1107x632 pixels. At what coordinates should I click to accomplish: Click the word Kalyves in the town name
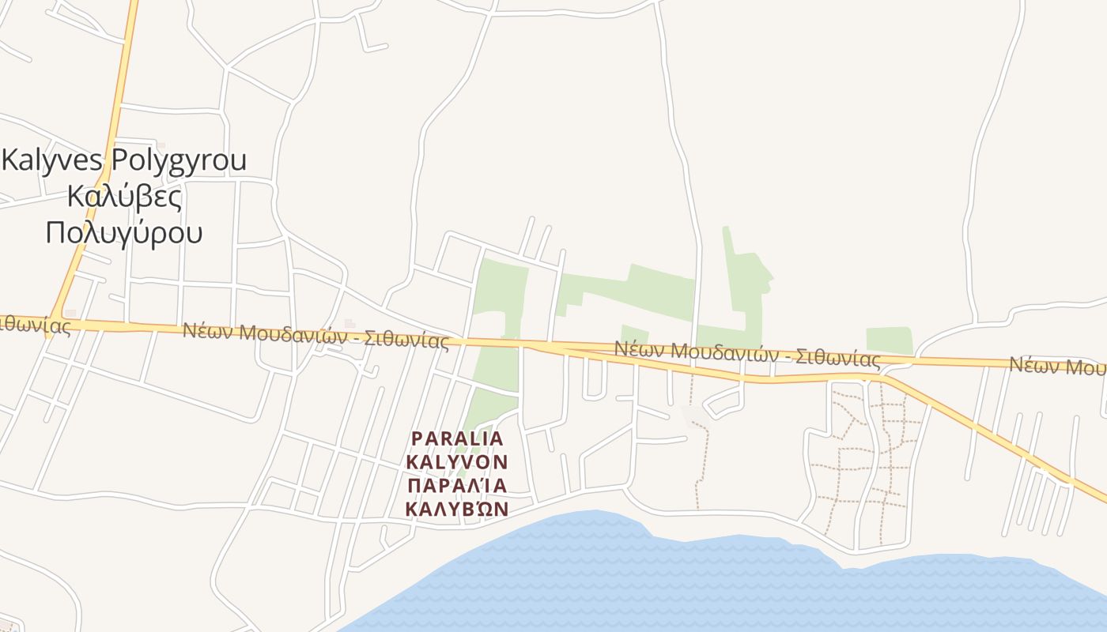pyautogui.click(x=53, y=160)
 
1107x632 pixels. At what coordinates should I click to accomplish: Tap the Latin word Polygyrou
pyautogui.click(x=179, y=160)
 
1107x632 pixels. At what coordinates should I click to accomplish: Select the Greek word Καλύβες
pyautogui.click(x=124, y=196)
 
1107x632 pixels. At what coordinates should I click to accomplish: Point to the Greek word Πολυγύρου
pyautogui.click(x=124, y=233)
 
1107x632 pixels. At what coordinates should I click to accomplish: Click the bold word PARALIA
pyautogui.click(x=457, y=438)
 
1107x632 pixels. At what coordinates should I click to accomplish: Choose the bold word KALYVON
pyautogui.click(x=457, y=461)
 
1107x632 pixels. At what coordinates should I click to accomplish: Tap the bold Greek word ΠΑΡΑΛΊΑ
pyautogui.click(x=457, y=484)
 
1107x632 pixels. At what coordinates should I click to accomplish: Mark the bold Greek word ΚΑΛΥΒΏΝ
pyautogui.click(x=457, y=508)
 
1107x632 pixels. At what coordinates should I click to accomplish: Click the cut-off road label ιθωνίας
pyautogui.click(x=36, y=325)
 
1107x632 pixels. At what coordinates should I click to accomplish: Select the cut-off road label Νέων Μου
pyautogui.click(x=1058, y=367)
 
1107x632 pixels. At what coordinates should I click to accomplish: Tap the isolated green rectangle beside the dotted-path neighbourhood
pyautogui.click(x=890, y=340)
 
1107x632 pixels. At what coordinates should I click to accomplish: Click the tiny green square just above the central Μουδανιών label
pyautogui.click(x=634, y=334)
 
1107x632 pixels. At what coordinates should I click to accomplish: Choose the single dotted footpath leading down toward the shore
pyautogui.click(x=698, y=466)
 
